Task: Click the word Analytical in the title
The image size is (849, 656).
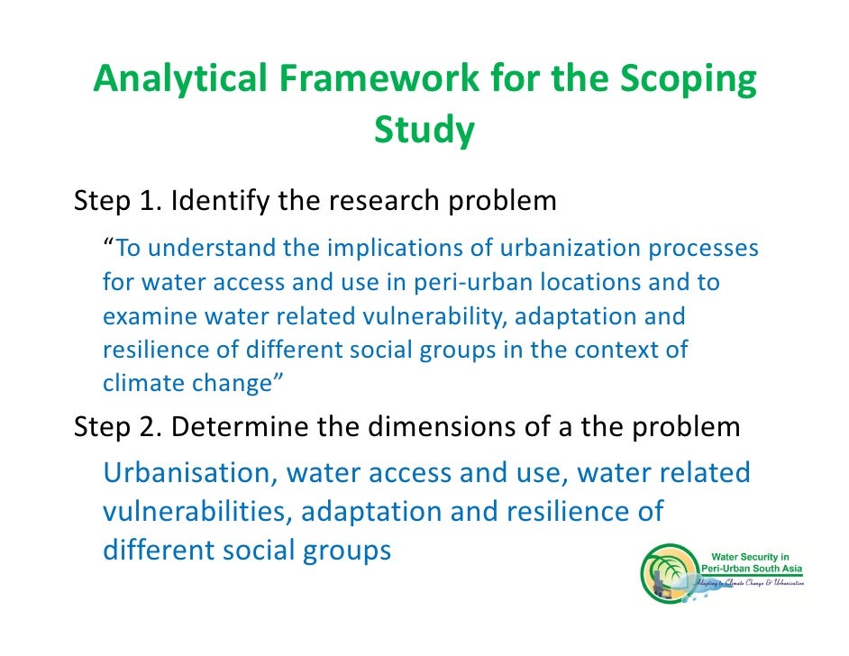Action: click(177, 81)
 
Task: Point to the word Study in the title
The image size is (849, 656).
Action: click(424, 132)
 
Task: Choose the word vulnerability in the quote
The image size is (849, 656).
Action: click(440, 317)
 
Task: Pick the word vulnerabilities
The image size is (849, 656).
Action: click(196, 513)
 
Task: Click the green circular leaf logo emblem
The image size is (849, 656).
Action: click(670, 576)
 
